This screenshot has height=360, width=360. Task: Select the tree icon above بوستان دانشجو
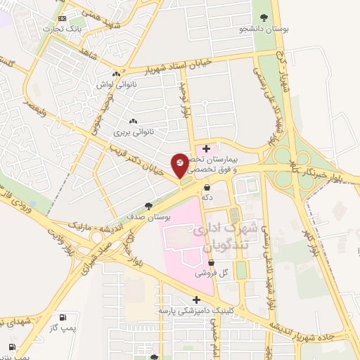click(264, 18)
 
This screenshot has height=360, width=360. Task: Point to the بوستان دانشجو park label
click(262, 29)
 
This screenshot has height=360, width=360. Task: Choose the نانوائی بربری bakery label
click(133, 131)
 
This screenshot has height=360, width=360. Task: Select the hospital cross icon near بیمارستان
click(206, 148)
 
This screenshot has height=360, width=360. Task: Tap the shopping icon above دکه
click(207, 188)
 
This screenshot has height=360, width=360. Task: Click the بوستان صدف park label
click(148, 217)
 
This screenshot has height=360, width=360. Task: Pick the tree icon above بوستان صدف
click(148, 206)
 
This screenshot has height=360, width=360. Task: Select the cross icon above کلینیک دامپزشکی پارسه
click(196, 300)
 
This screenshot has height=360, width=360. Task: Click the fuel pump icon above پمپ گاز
click(64, 318)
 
